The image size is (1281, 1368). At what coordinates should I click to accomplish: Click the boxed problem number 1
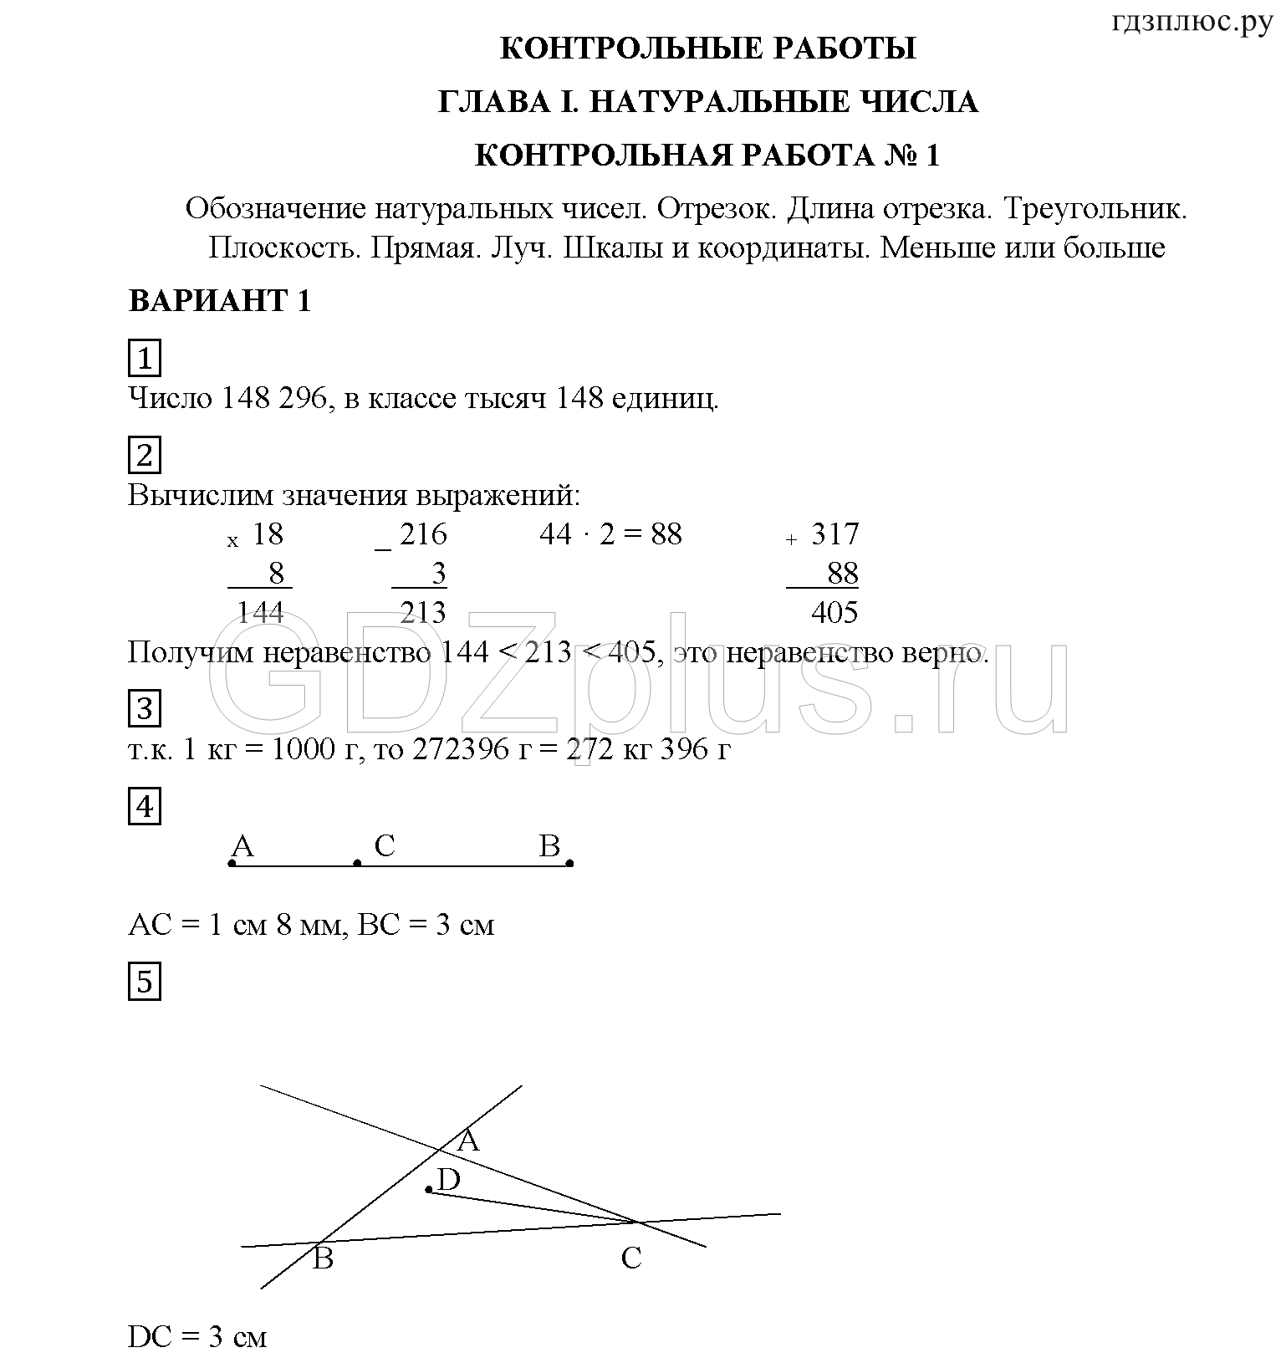pos(145,359)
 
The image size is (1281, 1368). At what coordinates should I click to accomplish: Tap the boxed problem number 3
pos(145,709)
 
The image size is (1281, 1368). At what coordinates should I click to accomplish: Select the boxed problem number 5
pos(145,982)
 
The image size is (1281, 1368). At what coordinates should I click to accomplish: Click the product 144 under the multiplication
pos(260,613)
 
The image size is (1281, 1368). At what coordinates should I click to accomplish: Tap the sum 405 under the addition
pos(834,613)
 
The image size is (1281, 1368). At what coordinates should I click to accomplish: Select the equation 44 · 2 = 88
pos(610,534)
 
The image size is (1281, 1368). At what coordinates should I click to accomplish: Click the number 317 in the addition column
pos(834,534)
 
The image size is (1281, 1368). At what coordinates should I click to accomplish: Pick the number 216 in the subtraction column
pos(422,534)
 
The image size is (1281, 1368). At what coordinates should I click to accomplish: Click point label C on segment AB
pos(384,846)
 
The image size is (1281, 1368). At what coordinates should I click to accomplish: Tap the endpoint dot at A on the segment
pos(232,863)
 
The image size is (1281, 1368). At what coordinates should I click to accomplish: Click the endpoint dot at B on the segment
pos(570,863)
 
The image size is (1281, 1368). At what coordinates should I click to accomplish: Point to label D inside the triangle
pos(449,1180)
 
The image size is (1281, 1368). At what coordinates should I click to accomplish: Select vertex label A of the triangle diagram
pos(468,1141)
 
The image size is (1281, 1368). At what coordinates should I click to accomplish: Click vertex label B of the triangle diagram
pos(323,1258)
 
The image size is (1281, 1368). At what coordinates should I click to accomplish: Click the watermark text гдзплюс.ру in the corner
pos(1192,23)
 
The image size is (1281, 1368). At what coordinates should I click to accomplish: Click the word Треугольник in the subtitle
pos(1095,208)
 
